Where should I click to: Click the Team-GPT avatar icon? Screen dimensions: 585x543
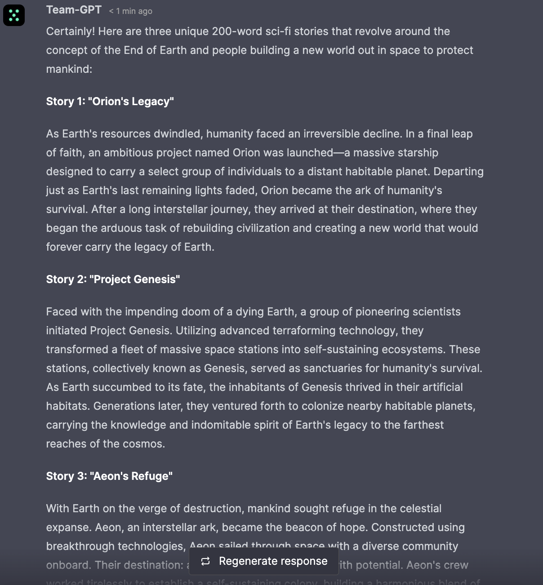click(x=14, y=15)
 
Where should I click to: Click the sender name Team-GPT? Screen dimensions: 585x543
click(x=74, y=10)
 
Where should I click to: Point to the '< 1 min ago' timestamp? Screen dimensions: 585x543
click(x=130, y=11)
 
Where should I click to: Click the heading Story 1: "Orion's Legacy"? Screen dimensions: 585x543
click(x=110, y=102)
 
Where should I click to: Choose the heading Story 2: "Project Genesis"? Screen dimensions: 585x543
click(x=113, y=279)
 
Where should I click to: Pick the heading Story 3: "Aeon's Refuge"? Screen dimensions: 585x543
click(x=109, y=476)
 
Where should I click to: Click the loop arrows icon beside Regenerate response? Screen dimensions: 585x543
click(x=205, y=561)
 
